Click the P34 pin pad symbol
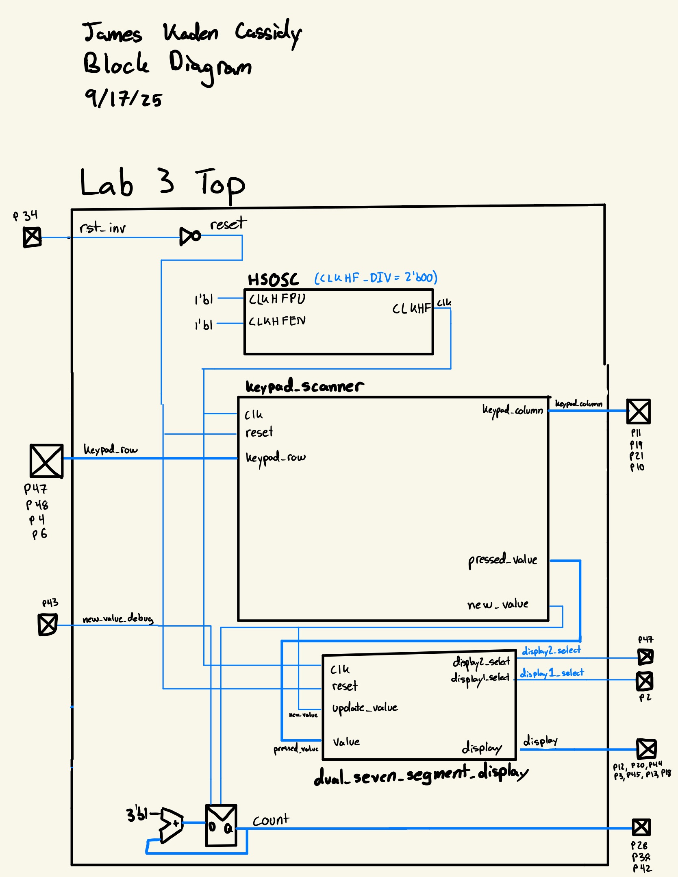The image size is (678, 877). pyautogui.click(x=32, y=237)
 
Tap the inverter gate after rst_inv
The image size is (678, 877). pyautogui.click(x=190, y=236)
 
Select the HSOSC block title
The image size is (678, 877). pyautogui.click(x=273, y=280)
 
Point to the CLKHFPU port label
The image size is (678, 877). pyautogui.click(x=277, y=299)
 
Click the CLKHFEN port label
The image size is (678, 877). pyautogui.click(x=277, y=321)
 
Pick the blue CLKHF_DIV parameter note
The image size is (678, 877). pyautogui.click(x=376, y=278)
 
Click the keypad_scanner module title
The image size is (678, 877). pyautogui.click(x=304, y=386)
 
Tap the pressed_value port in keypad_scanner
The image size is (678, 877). pyautogui.click(x=502, y=560)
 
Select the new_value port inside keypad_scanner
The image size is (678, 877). pyautogui.click(x=498, y=605)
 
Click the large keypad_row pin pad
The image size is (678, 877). pyautogui.click(x=46, y=461)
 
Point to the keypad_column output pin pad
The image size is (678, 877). pyautogui.click(x=638, y=411)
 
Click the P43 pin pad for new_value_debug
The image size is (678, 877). pyautogui.click(x=48, y=625)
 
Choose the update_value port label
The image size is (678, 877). pyautogui.click(x=365, y=708)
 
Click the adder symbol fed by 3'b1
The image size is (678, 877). pyautogui.click(x=171, y=825)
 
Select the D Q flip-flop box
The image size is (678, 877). pyautogui.click(x=221, y=826)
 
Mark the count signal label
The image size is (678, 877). pyautogui.click(x=271, y=820)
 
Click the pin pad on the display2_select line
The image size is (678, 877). pyautogui.click(x=645, y=657)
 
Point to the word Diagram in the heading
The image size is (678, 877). pyautogui.click(x=210, y=66)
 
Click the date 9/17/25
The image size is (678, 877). pyautogui.click(x=123, y=98)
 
